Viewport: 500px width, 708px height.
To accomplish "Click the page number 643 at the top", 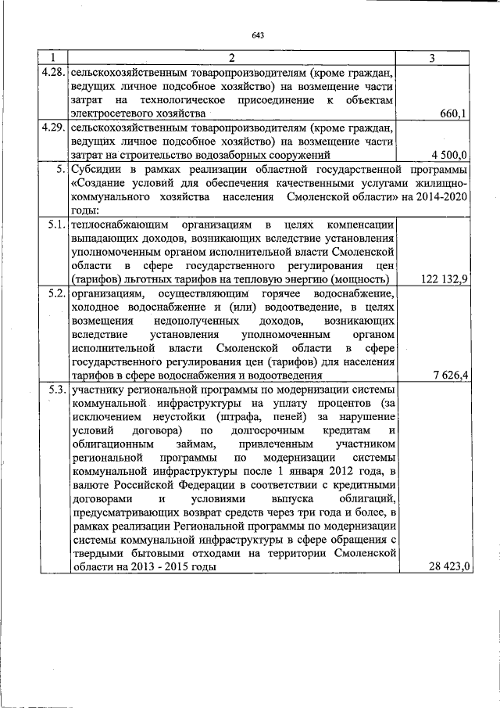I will pos(259,35).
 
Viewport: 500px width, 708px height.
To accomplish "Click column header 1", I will pos(53,58).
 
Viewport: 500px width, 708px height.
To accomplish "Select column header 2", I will pos(232,58).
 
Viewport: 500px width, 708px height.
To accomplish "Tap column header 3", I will pos(433,58).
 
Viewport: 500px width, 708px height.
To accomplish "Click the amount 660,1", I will pos(453,114).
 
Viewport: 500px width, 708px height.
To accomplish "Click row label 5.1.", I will pos(55,225).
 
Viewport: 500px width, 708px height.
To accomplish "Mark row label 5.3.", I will pos(55,389).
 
